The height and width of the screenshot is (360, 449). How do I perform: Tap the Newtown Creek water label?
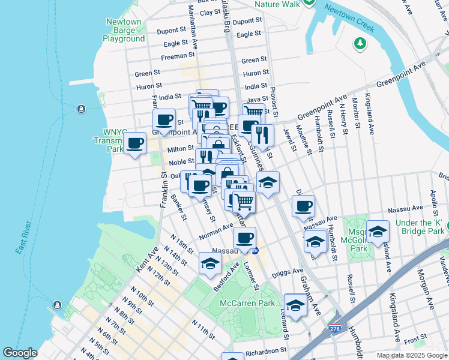coord(349,19)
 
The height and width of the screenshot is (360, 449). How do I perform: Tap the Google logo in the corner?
coord(20,353)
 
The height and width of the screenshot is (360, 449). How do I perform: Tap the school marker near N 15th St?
coord(209,263)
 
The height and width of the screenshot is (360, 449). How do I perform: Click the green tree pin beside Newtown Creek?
coord(360,43)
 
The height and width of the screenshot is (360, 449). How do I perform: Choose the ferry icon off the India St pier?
coord(80,109)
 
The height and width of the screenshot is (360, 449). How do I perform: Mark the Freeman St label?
coord(174,58)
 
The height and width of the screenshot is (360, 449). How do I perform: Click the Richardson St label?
coord(265,350)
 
